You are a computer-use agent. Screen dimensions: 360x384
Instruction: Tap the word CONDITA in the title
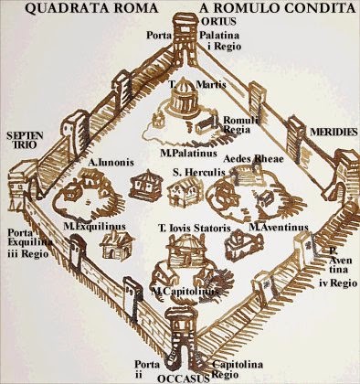pyautogui.click(x=323, y=8)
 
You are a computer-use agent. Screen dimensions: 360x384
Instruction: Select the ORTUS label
pyautogui.click(x=219, y=22)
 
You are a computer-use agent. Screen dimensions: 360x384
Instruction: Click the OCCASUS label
pyautogui.click(x=184, y=379)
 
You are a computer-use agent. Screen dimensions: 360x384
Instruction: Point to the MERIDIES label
pyautogui.click(x=334, y=132)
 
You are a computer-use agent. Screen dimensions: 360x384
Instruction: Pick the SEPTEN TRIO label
pyautogui.click(x=25, y=140)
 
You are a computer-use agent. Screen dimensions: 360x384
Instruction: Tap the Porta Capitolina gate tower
pyautogui.click(x=182, y=339)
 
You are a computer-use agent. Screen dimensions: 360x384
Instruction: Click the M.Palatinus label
pyautogui.click(x=188, y=153)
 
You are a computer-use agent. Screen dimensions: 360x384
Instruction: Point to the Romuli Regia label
pyautogui.click(x=240, y=124)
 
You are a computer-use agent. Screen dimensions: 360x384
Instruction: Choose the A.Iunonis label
pyautogui.click(x=111, y=162)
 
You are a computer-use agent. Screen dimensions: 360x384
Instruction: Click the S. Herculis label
pyautogui.click(x=199, y=172)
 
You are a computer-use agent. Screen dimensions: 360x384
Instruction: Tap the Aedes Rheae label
pyautogui.click(x=253, y=159)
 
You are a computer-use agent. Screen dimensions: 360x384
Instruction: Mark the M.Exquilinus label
pyautogui.click(x=95, y=227)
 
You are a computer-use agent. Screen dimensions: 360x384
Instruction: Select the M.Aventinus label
pyautogui.click(x=279, y=227)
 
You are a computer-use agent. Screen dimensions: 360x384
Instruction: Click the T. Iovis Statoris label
pyautogui.click(x=195, y=228)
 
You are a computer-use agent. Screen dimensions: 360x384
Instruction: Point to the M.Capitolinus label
pyautogui.click(x=185, y=292)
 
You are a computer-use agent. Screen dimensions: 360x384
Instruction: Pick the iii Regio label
pyautogui.click(x=28, y=253)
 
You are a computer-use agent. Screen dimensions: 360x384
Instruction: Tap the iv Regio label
pyautogui.click(x=338, y=283)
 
